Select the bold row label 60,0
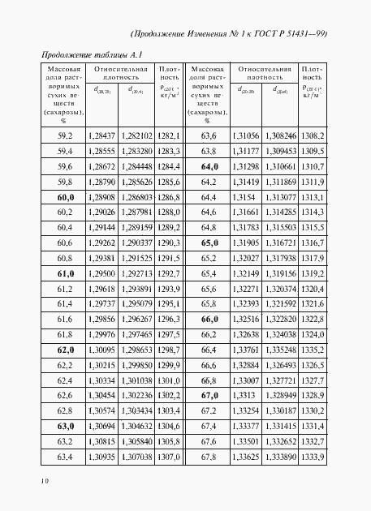pos(66,197)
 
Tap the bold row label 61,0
pos(66,273)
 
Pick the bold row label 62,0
pos(66,349)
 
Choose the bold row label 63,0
pos(66,425)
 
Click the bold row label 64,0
pos(209,166)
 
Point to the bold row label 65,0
pos(209,243)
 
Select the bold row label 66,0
pos(209,319)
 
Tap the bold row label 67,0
pos(209,395)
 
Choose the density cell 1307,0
pos(169,457)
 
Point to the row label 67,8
pos(209,457)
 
